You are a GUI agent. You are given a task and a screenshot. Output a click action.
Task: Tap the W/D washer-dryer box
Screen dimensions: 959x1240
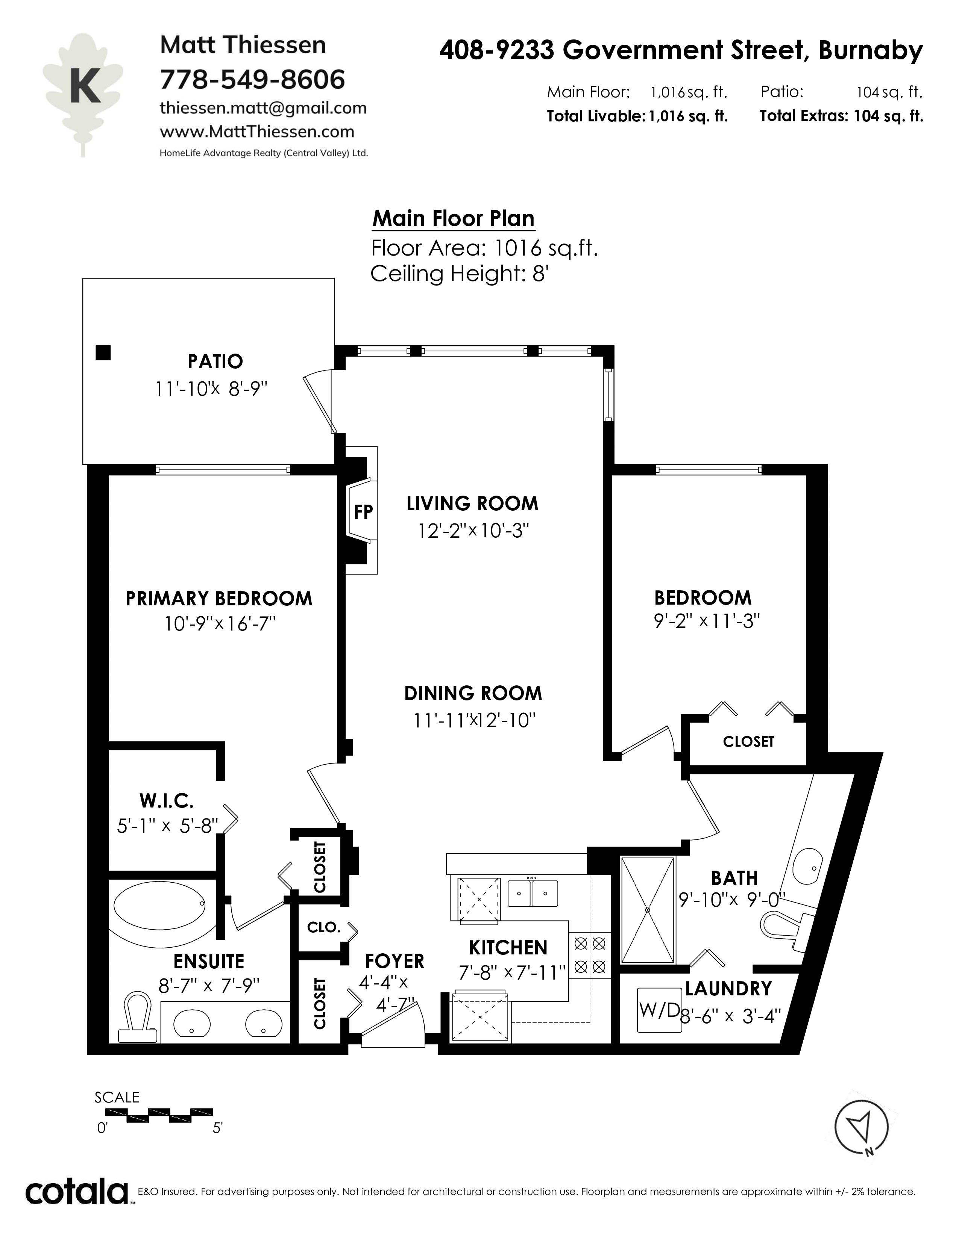(x=659, y=1010)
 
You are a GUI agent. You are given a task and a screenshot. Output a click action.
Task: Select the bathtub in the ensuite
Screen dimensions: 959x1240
(x=160, y=906)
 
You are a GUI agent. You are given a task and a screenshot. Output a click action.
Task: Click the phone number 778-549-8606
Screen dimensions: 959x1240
(x=252, y=79)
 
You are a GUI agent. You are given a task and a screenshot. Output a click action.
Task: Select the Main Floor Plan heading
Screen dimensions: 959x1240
(x=454, y=219)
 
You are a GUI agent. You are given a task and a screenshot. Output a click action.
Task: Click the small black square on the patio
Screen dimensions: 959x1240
(x=103, y=352)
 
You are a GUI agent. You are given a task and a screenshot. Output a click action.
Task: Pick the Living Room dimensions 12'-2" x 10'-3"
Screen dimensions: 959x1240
(x=473, y=531)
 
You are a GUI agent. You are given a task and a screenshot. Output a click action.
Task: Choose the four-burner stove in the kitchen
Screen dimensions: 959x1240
(x=590, y=955)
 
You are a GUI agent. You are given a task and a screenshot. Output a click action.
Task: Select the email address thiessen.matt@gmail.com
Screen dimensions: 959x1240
(x=263, y=108)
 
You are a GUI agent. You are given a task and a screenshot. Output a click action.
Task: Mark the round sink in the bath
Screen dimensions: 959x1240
(x=806, y=867)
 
